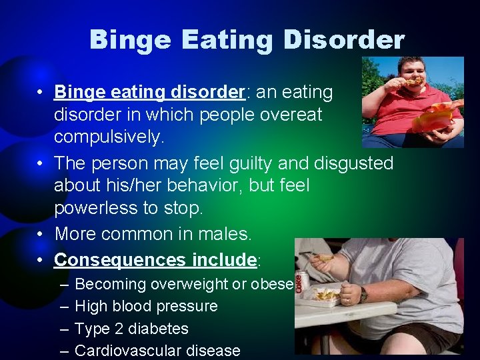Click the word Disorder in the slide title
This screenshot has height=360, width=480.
click(343, 40)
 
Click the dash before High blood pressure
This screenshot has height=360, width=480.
click(62, 307)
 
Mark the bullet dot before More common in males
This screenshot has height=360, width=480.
click(41, 234)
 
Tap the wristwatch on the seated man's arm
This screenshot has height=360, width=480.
click(363, 294)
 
